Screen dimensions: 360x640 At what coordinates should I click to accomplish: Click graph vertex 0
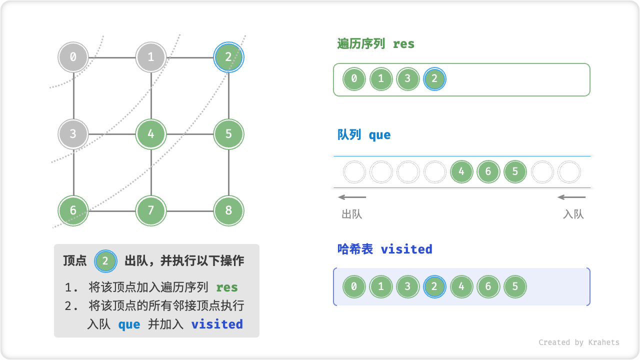coord(73,57)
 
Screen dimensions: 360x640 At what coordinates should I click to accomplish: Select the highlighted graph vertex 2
coord(228,57)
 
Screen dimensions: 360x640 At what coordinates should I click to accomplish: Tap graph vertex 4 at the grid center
coord(151,134)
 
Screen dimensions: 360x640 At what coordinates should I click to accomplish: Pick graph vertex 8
coord(228,210)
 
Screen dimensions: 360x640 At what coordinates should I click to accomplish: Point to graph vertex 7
coord(151,210)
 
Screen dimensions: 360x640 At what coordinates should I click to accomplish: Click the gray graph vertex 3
coord(73,134)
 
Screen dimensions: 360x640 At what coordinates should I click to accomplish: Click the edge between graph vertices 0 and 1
coord(112,57)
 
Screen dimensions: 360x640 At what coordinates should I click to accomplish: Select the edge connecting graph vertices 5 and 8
coord(228,172)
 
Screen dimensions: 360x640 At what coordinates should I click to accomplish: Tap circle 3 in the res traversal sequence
coord(408,79)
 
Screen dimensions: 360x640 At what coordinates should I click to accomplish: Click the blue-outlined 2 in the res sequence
coord(434,79)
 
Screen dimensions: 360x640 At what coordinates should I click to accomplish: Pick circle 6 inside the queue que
coord(488,172)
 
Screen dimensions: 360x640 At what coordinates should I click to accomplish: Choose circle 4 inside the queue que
coord(461,172)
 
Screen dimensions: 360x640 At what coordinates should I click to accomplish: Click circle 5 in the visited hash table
coord(515,287)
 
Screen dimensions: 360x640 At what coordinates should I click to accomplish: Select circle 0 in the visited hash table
coord(354,287)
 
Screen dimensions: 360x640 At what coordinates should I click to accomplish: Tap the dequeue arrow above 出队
coord(352,197)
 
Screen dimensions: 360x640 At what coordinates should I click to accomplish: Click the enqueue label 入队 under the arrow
coord(573,214)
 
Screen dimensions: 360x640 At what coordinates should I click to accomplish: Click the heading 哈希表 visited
coord(384,249)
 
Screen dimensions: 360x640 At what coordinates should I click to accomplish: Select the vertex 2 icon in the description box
coord(105,260)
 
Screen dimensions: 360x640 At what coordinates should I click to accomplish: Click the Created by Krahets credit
coord(578,342)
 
